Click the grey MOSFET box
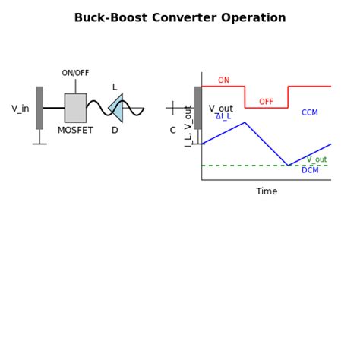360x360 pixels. [75, 108]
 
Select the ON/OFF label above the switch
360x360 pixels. [75, 74]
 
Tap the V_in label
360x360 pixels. [21, 109]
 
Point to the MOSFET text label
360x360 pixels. [75, 131]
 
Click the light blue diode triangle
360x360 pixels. [116, 108]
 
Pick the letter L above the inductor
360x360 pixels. [115, 87]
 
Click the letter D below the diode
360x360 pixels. [115, 131]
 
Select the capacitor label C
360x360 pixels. [172, 131]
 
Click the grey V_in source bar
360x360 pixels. [39, 108]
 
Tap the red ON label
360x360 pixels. [223, 81]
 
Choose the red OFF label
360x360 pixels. [266, 102]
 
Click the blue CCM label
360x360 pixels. [310, 113]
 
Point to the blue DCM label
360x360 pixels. [310, 171]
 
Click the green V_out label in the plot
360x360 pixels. [317, 159]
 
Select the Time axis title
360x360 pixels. [267, 192]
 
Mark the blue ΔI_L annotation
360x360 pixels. [223, 117]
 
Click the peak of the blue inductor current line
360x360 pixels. [245, 122]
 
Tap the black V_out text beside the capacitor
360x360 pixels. [221, 109]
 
